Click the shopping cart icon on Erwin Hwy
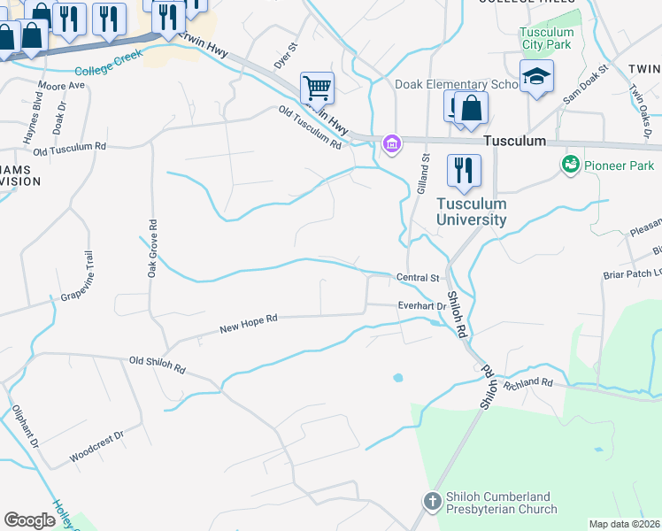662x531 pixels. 317,88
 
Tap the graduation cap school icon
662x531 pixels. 536,77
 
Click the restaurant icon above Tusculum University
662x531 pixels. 464,171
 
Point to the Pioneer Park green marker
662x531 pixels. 569,165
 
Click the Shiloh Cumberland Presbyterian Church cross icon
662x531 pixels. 433,502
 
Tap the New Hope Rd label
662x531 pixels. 249,325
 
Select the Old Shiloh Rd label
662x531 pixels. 157,364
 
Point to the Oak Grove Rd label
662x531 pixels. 152,250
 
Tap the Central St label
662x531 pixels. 418,278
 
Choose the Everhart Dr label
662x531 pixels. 421,306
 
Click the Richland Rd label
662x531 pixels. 527,383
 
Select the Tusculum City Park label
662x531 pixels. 546,39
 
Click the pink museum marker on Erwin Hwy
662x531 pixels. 390,142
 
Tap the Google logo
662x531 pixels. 29,519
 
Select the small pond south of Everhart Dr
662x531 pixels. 397,378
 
